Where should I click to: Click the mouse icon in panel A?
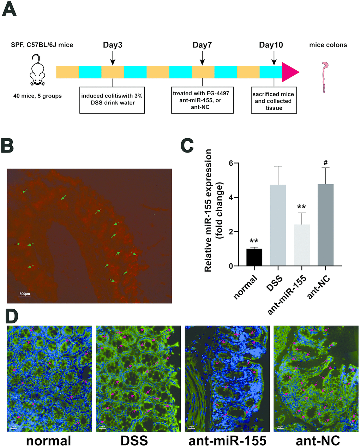(x=37, y=70)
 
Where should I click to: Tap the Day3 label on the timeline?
(x=113, y=45)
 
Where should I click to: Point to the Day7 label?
(x=202, y=45)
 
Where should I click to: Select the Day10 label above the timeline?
(x=271, y=45)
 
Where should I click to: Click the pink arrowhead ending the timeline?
(x=290, y=72)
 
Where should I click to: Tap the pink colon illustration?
(x=324, y=77)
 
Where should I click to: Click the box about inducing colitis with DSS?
(x=112, y=100)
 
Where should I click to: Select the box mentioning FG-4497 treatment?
(x=203, y=100)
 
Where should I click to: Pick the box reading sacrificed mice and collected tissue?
(x=274, y=100)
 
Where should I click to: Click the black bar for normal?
(x=254, y=257)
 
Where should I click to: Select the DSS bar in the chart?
(x=278, y=225)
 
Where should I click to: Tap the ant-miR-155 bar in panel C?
(x=302, y=245)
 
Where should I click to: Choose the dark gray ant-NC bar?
(x=325, y=225)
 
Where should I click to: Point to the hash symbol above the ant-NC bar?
(x=325, y=163)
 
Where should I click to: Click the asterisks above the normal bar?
(x=254, y=241)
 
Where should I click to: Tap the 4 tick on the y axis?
(x=231, y=197)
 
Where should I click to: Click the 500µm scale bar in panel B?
(x=25, y=297)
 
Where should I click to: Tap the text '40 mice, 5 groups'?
(x=37, y=96)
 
